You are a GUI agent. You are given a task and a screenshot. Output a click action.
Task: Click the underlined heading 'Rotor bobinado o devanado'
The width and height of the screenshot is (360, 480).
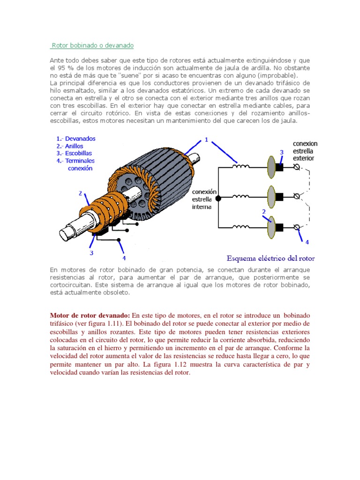92,45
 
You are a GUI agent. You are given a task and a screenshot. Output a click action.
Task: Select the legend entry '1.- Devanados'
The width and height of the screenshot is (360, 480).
75,139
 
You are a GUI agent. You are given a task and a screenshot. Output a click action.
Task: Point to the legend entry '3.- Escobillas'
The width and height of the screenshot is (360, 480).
74,153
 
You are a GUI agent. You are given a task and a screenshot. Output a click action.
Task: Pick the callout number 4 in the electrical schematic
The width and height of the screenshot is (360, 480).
307,242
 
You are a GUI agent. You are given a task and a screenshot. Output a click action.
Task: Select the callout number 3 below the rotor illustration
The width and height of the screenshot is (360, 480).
91,253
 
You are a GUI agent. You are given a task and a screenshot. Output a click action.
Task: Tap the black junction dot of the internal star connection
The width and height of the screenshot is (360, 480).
218,198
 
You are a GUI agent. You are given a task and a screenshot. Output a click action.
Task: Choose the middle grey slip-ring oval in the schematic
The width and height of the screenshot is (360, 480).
271,195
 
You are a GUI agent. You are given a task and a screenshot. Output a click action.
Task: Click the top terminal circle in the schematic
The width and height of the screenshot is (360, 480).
296,167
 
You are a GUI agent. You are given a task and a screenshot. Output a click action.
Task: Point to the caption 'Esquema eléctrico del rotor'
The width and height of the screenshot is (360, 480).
271,258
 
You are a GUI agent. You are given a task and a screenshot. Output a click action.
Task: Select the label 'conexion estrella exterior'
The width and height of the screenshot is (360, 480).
305,151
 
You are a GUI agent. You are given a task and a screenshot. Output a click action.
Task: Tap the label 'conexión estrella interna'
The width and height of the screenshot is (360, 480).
204,199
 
